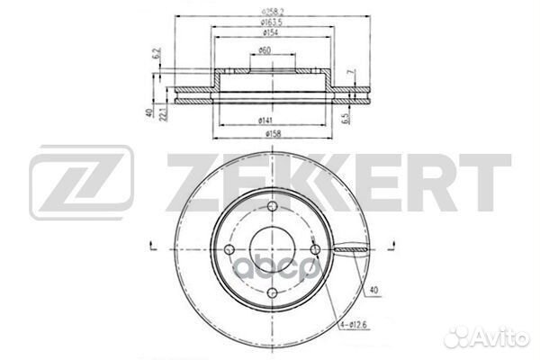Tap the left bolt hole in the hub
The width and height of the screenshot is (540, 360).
[229, 249]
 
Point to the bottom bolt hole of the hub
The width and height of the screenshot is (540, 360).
[268, 287]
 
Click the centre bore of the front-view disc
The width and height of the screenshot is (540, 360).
[268, 248]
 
